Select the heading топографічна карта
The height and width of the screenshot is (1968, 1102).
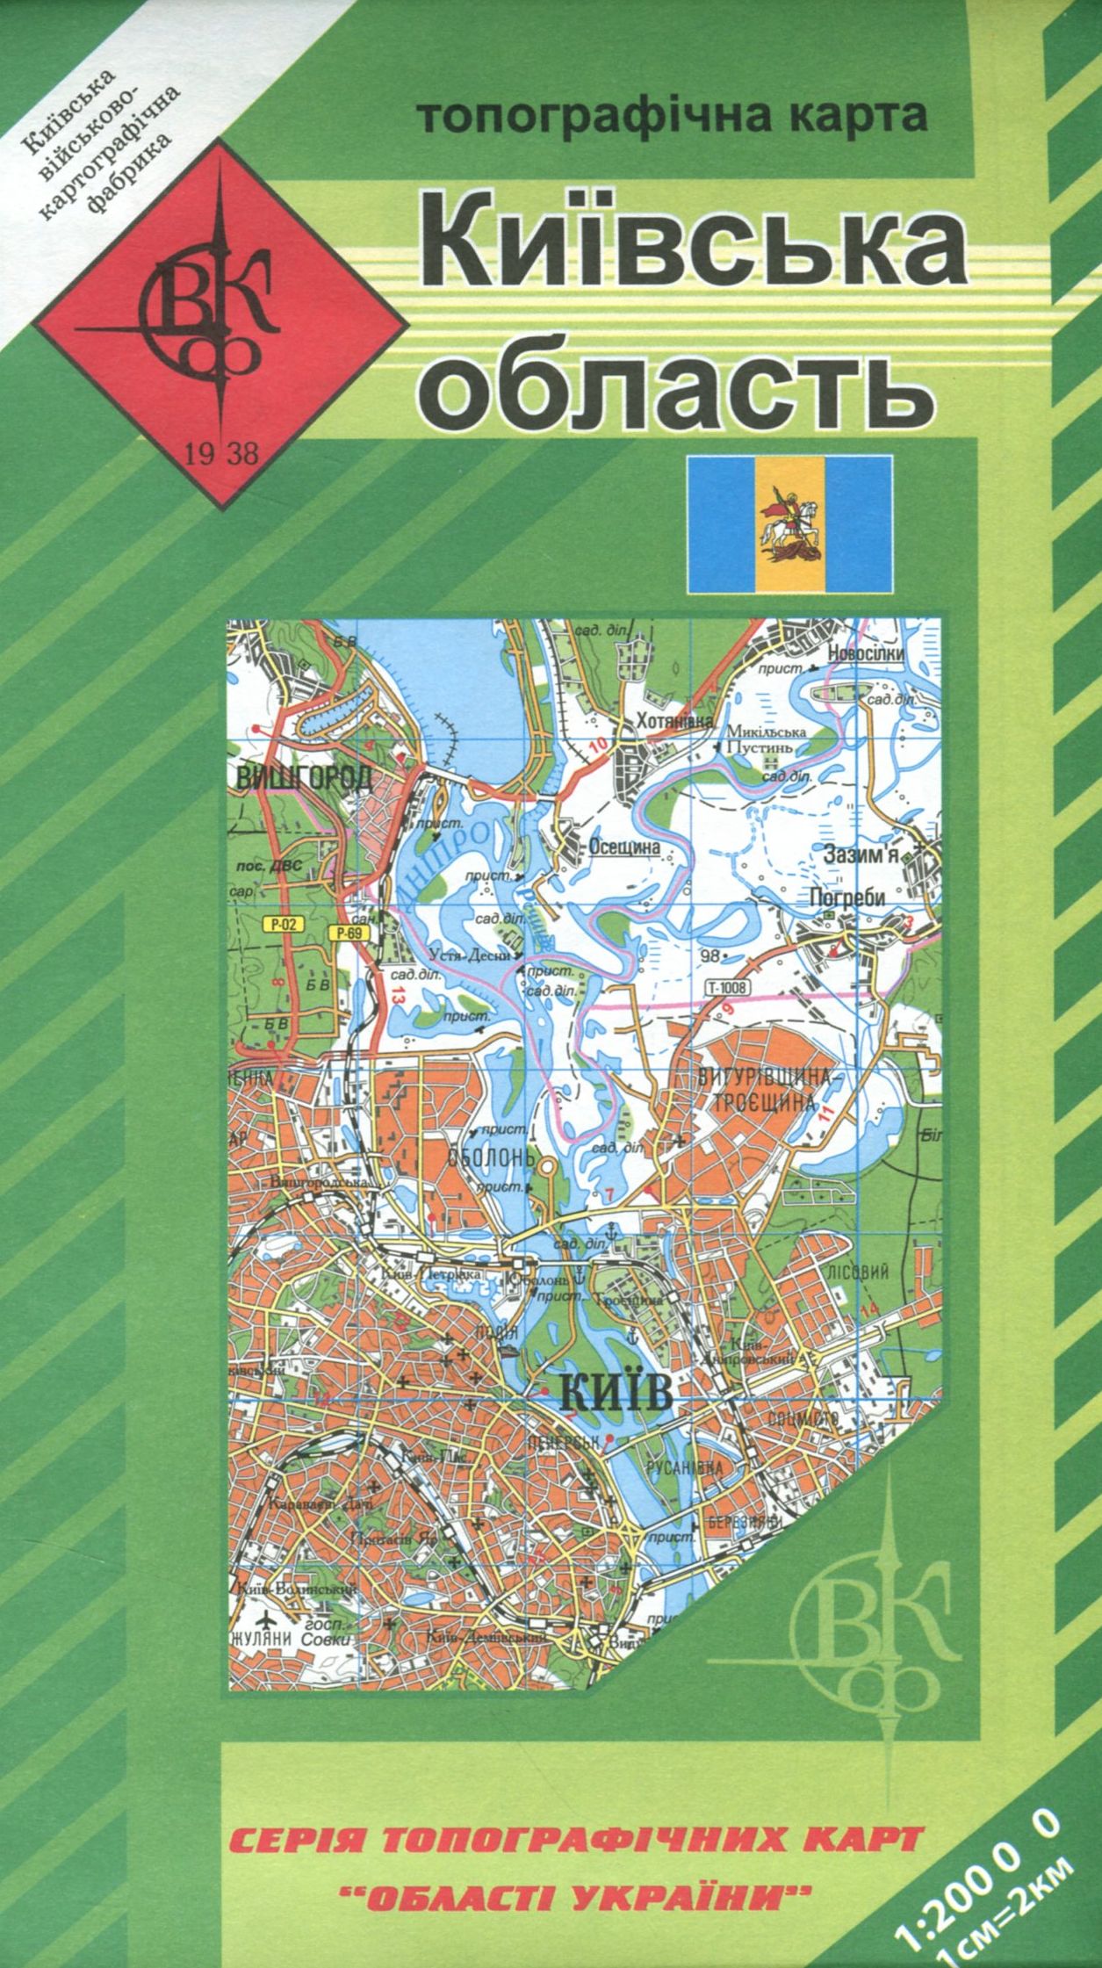point(673,118)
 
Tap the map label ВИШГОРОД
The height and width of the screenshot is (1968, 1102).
point(304,776)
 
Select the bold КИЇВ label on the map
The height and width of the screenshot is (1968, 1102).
point(615,1393)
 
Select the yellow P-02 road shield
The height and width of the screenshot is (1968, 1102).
point(280,923)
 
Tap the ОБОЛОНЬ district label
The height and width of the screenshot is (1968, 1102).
point(491,1157)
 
